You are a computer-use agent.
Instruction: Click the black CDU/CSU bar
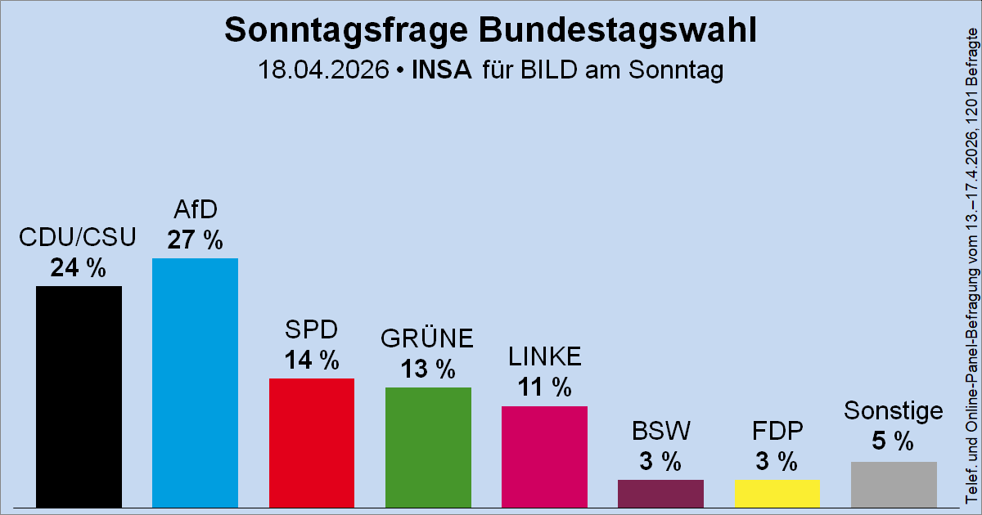click(79, 396)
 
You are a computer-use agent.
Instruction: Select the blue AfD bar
click(195, 383)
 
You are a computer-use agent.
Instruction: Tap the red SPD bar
click(312, 442)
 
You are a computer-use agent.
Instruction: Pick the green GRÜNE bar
click(428, 447)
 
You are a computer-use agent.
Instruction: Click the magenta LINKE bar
click(544, 456)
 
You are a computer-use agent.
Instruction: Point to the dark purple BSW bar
click(660, 493)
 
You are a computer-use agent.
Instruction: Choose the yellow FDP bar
click(777, 493)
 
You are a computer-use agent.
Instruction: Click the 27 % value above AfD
click(195, 240)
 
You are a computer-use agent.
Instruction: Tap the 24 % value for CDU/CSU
click(79, 267)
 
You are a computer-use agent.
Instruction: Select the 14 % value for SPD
click(312, 360)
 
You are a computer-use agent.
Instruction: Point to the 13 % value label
click(428, 369)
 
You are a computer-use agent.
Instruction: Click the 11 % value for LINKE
click(544, 387)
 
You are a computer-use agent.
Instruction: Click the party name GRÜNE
click(428, 338)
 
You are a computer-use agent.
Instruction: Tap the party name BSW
click(660, 431)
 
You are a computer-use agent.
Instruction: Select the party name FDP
click(777, 431)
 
